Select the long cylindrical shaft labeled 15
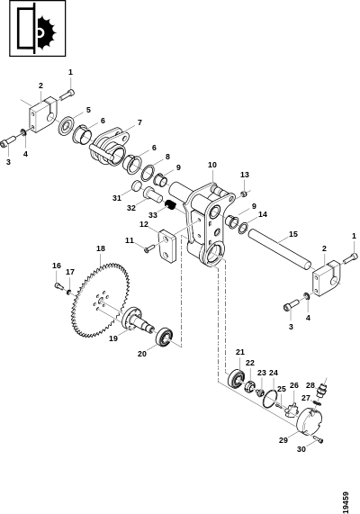(279, 248)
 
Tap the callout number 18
(101, 248)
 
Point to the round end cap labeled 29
(310, 422)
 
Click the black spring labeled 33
(170, 205)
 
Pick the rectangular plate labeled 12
(168, 246)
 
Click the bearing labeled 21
(236, 379)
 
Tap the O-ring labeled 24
(271, 397)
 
